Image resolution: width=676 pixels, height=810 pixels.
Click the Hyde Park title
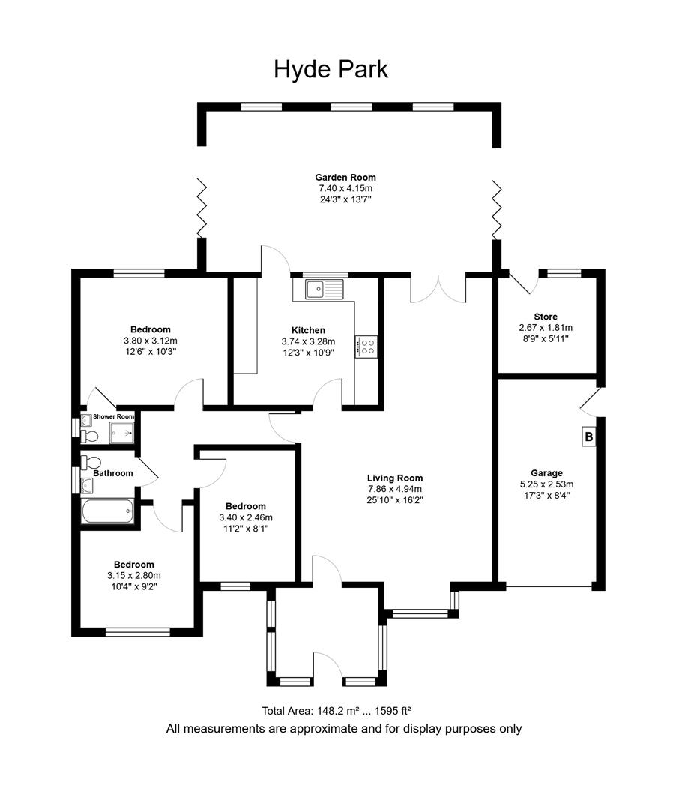click(x=331, y=70)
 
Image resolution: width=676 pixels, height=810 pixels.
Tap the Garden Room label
click(x=345, y=178)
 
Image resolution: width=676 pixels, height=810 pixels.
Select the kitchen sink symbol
click(x=324, y=287)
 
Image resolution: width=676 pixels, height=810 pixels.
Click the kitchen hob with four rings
click(x=368, y=346)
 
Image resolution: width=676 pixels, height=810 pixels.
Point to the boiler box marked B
click(x=588, y=436)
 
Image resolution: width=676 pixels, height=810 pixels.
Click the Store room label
click(x=546, y=316)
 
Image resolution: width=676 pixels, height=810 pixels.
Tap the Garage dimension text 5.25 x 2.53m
click(x=546, y=484)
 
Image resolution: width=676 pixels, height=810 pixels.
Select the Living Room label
click(x=395, y=478)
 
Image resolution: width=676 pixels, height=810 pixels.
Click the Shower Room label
click(x=114, y=416)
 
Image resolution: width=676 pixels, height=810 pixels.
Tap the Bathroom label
click(x=113, y=473)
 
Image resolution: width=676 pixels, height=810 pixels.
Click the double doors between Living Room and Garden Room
click(x=438, y=289)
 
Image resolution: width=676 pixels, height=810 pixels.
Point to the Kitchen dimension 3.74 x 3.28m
click(x=308, y=341)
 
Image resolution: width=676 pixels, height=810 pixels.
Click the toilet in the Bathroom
click(x=91, y=463)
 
